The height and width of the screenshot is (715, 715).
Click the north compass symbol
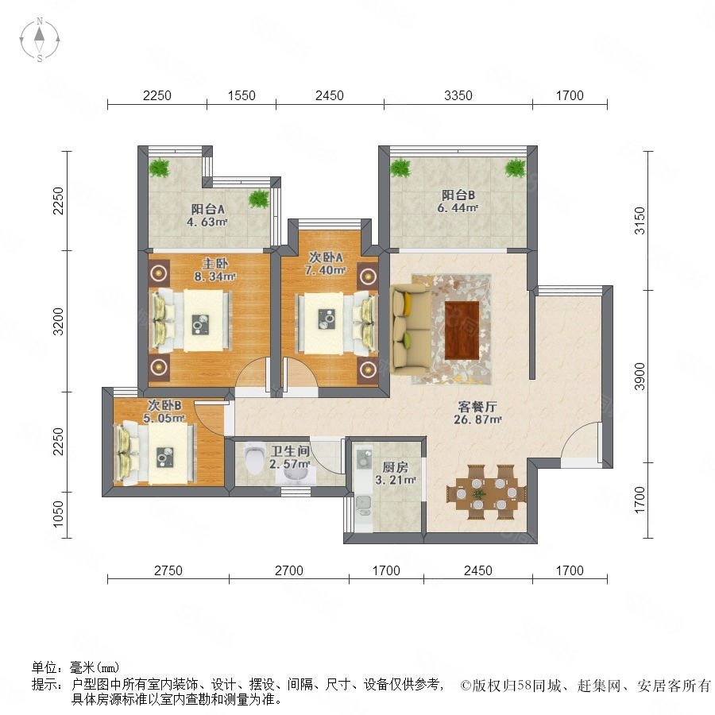40,40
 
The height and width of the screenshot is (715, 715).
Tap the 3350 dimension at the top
458,95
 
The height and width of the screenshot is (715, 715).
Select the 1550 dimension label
242,95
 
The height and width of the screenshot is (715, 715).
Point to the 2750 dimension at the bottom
168,570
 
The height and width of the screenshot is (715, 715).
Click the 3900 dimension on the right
640,377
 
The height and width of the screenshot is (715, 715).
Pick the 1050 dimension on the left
58,514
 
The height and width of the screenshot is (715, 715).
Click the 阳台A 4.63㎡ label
207,215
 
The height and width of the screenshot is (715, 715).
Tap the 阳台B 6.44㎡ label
458,201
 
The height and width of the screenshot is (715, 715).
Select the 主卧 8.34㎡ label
214,270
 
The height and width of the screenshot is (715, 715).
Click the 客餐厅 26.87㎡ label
477,412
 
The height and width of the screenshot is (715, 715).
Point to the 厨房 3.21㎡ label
395,473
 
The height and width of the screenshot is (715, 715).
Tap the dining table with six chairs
486,493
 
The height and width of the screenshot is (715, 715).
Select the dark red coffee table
462,330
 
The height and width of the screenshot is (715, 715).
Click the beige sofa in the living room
411,327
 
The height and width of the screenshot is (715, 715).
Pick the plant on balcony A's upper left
159,168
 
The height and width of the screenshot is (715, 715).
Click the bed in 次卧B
157,454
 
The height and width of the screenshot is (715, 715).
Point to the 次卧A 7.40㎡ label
325,264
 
